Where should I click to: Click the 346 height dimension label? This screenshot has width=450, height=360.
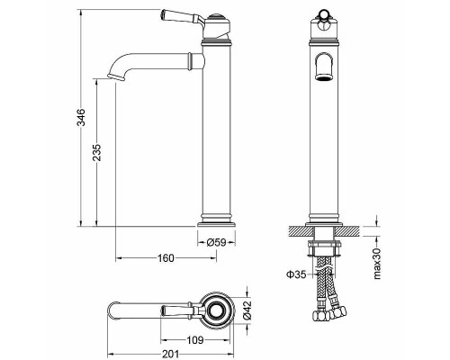(80, 117)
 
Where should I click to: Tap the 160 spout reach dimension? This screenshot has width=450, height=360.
(165, 259)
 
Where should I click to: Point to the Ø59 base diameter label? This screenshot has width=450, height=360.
(217, 242)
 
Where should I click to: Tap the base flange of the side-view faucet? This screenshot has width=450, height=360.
(217, 220)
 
